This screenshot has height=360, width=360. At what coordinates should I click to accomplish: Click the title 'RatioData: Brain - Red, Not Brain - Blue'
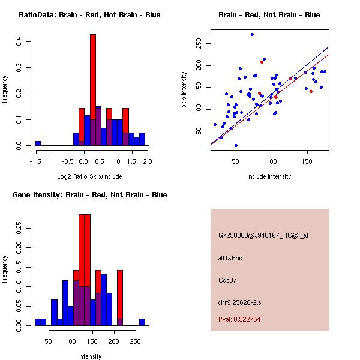click(x=89, y=14)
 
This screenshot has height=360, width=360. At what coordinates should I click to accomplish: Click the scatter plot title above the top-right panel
click(x=269, y=14)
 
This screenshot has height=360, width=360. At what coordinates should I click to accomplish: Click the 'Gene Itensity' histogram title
click(x=89, y=195)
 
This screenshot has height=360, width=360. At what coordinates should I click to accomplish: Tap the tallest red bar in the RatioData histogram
click(x=93, y=90)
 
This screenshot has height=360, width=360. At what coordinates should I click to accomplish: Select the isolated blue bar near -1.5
click(x=38, y=143)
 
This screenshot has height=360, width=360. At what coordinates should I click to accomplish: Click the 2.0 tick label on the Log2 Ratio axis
click(x=148, y=161)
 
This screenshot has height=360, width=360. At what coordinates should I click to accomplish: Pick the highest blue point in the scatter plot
click(x=252, y=34)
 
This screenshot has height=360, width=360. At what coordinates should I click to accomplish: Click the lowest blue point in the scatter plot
click(x=236, y=145)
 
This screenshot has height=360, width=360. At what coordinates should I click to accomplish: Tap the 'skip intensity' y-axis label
click(x=184, y=90)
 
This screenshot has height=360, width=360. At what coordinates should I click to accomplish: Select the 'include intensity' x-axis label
click(x=269, y=177)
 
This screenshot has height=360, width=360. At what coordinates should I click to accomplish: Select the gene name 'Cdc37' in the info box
click(x=227, y=280)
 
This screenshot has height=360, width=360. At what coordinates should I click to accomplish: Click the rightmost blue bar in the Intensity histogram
click(x=142, y=322)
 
